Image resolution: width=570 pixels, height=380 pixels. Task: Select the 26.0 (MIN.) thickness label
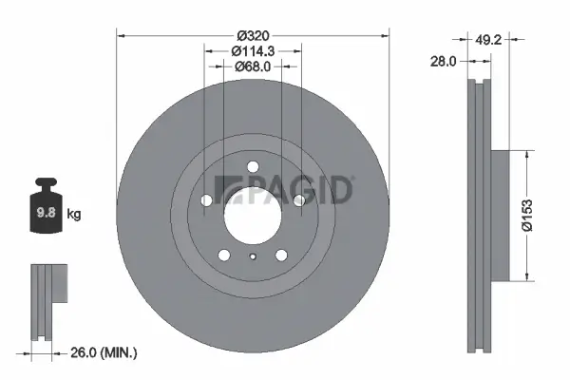click(105, 352)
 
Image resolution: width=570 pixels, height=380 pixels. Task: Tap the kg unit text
click(75, 215)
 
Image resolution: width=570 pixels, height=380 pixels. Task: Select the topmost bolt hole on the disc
click(253, 168)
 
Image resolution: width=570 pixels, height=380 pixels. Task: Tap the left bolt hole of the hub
click(208, 199)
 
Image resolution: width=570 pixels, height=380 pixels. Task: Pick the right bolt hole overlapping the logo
click(298, 199)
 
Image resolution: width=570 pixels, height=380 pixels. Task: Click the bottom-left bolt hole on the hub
click(223, 255)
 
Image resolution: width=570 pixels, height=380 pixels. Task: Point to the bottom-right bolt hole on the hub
click(281, 255)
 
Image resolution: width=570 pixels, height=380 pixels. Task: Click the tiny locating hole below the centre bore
click(253, 256)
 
